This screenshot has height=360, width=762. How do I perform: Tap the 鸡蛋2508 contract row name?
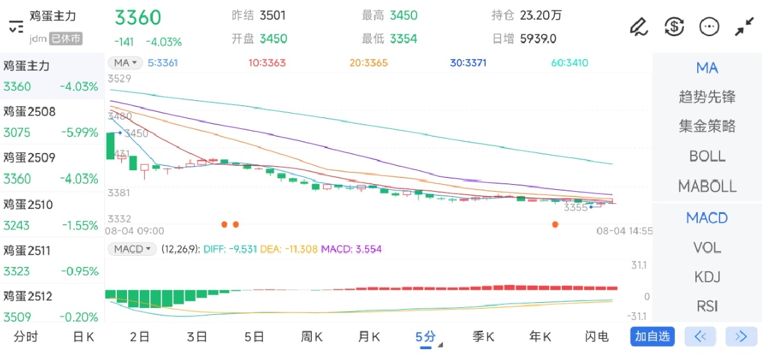(30, 112)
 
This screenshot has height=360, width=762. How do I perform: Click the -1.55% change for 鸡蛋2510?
(79, 225)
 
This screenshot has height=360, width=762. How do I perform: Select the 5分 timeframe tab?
(425, 337)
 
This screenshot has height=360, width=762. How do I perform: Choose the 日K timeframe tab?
(83, 337)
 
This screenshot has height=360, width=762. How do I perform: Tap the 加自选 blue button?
(652, 337)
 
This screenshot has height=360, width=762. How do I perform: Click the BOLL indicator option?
(707, 156)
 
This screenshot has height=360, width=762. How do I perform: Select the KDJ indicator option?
(707, 277)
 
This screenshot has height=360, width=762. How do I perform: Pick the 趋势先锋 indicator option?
(707, 97)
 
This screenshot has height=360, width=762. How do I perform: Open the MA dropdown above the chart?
(125, 63)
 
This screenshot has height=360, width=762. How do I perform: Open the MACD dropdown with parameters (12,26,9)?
(132, 250)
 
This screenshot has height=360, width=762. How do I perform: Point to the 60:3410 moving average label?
(570, 63)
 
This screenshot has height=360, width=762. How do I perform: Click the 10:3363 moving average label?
(267, 63)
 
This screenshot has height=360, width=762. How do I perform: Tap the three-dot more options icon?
(709, 27)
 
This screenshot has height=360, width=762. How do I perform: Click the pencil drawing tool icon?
(638, 27)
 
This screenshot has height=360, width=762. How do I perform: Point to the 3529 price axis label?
(119, 79)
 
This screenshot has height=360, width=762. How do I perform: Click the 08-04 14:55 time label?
(624, 231)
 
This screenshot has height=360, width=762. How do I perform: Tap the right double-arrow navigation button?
(741, 337)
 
